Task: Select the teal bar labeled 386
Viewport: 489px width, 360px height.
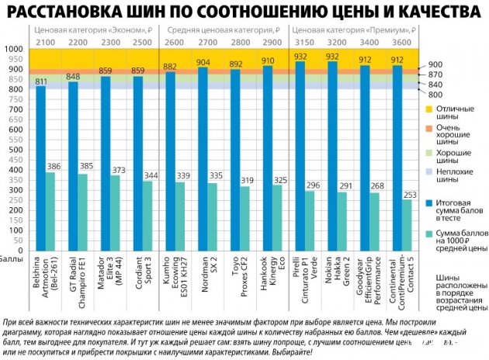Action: click(x=51, y=209)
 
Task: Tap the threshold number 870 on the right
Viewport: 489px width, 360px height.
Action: click(x=436, y=74)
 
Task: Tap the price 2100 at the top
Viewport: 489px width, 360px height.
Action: click(x=44, y=41)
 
